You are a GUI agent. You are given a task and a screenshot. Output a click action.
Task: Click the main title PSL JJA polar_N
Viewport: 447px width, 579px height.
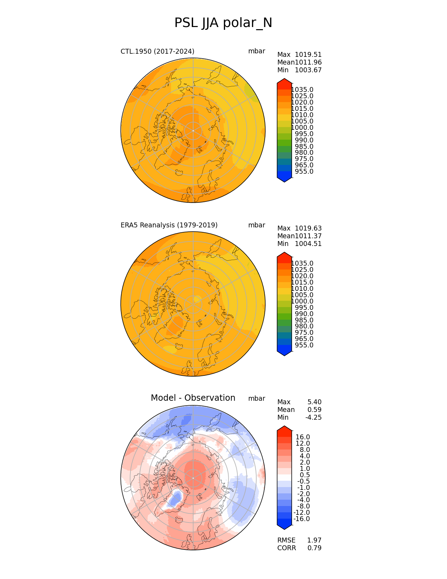(223, 23)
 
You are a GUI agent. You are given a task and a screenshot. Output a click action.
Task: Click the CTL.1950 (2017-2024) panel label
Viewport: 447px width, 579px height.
(157, 51)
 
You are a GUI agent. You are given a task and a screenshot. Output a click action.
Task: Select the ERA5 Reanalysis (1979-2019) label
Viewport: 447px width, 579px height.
(169, 225)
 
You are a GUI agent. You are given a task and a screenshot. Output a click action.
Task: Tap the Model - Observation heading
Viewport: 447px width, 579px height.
(193, 398)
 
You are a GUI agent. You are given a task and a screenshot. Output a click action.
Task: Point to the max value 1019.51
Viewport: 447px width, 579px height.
(308, 55)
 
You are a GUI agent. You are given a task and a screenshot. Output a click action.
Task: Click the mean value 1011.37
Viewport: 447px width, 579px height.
(308, 236)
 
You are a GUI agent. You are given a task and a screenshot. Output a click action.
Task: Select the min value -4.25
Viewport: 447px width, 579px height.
(313, 418)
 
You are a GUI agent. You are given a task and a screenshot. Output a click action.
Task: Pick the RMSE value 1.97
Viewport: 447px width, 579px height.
(314, 540)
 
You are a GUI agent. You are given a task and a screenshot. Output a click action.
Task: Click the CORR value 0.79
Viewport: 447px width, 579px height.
(314, 548)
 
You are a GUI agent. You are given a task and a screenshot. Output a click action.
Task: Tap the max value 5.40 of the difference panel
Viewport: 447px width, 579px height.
(314, 402)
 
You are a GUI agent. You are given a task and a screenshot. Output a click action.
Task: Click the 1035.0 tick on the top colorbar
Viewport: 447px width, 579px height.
(302, 90)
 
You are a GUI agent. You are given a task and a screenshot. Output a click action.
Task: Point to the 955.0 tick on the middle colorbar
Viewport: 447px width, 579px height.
(304, 345)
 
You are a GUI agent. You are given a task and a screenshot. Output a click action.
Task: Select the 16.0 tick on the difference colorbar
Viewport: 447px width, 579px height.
(303, 437)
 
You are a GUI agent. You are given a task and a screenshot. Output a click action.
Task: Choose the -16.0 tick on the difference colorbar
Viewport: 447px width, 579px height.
(302, 519)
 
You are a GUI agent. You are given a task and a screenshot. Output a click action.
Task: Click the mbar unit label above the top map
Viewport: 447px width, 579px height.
(257, 51)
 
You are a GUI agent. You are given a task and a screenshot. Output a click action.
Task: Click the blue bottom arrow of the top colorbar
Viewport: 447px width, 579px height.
(284, 179)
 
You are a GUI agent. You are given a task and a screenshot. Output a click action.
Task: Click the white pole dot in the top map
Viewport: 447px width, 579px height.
(193, 131)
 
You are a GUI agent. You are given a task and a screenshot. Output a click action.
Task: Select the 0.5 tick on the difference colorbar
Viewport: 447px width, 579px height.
(305, 475)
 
